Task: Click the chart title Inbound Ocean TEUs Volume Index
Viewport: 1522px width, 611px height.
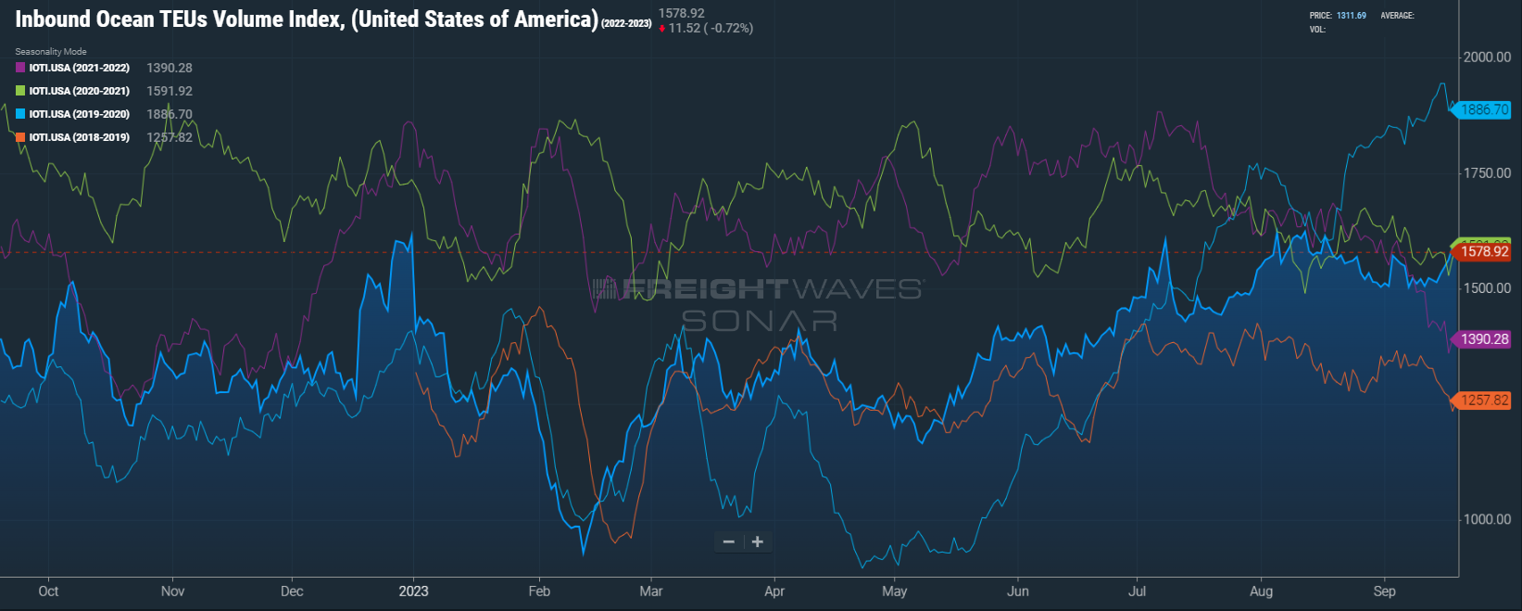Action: point(306,19)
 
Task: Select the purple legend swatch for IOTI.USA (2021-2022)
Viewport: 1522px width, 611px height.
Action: point(20,68)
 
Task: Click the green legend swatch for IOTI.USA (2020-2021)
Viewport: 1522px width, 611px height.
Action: point(20,91)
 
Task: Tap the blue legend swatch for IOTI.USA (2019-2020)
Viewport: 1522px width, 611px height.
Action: point(20,114)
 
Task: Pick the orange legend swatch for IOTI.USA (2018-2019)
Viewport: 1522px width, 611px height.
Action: point(20,137)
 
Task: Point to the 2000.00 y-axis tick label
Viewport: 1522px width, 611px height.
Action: point(1487,57)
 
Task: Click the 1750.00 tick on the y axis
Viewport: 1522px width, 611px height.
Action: point(1487,172)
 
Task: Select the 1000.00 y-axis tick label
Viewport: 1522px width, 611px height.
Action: point(1487,519)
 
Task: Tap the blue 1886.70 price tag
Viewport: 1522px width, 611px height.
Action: point(1484,109)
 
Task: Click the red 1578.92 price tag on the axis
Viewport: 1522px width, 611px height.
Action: point(1484,251)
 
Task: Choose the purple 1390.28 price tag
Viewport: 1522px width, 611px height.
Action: point(1484,339)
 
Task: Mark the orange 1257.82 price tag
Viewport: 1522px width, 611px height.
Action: point(1484,401)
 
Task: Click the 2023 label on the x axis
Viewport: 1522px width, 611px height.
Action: point(413,591)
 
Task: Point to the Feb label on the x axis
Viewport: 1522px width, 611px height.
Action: point(539,591)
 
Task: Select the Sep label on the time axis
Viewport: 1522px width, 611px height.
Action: point(1384,591)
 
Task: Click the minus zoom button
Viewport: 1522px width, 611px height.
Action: point(729,541)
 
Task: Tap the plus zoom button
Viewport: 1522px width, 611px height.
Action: point(758,541)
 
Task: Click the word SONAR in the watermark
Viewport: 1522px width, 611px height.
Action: point(760,321)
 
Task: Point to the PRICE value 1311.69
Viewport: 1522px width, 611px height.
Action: point(1351,16)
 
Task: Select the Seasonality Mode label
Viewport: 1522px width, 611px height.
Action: point(51,52)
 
